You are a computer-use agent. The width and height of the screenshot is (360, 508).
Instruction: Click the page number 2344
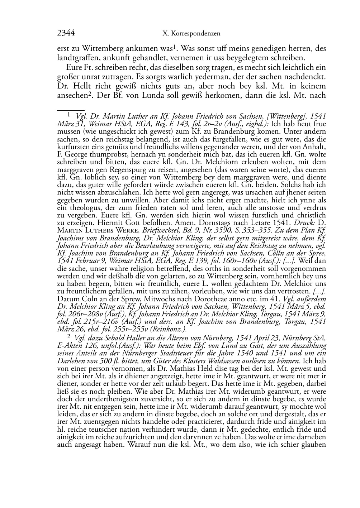66,33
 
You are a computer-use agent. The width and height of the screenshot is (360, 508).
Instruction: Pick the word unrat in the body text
89,76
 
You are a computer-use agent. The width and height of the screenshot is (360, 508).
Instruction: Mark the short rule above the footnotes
71,106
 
